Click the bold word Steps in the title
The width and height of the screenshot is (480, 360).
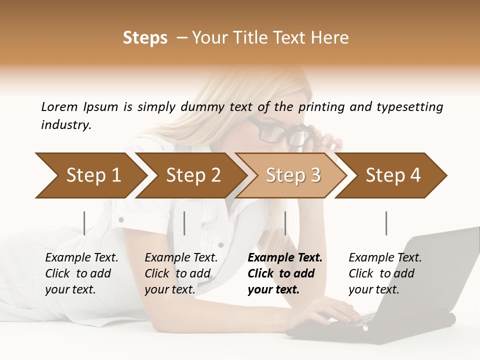(145, 38)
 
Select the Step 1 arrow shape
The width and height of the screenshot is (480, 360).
(90, 175)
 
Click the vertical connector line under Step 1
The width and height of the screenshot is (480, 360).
(84, 223)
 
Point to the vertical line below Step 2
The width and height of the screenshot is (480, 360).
(184, 223)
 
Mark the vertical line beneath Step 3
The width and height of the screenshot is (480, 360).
(285, 223)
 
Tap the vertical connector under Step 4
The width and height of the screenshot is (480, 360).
(386, 223)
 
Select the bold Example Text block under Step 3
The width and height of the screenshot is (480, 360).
(284, 273)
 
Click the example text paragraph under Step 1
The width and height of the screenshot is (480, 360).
(81, 273)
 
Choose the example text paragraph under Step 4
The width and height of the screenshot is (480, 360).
(384, 273)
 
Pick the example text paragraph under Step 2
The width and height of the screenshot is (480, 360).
(181, 273)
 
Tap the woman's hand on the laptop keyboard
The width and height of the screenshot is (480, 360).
(330, 312)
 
